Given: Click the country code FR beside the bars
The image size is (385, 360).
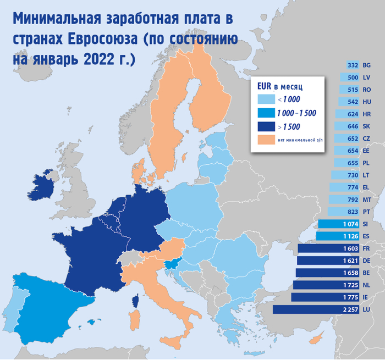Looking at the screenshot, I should pos(367,249).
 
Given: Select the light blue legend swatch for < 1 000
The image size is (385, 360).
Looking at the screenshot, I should pos(266,99).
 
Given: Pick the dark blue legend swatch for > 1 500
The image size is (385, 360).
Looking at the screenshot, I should pos(266,126).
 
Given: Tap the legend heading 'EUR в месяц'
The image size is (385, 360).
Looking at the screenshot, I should pos(280,86).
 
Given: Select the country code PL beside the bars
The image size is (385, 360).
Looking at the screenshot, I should pos(367,163).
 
